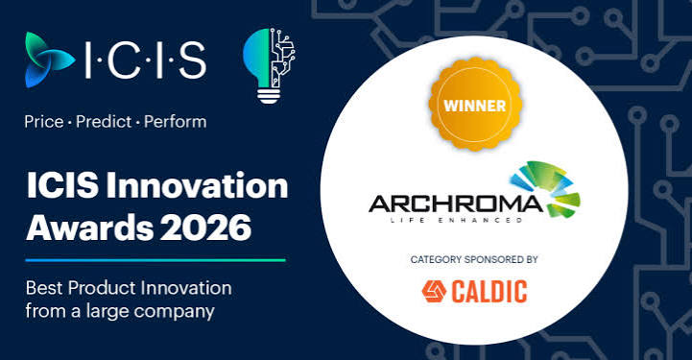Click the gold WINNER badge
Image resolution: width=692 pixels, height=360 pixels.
click(475, 104)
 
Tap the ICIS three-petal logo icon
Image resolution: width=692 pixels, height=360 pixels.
click(50, 60)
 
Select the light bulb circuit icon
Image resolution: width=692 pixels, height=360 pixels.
click(269, 65)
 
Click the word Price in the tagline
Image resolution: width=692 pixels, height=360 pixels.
click(44, 122)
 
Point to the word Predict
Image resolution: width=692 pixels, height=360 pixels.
click(105, 122)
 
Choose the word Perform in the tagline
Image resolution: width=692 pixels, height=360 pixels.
click(176, 122)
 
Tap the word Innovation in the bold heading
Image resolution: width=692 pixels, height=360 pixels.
click(197, 185)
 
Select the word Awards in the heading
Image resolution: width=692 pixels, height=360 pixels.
click(89, 228)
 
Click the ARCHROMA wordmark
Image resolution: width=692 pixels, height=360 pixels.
click(456, 204)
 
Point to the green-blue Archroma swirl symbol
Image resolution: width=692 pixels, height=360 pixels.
click(546, 190)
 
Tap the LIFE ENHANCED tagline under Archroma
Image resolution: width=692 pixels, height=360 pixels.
click(456, 220)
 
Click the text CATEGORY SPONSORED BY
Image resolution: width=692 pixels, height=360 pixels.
click(474, 259)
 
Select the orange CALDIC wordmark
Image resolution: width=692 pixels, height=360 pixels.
click(489, 292)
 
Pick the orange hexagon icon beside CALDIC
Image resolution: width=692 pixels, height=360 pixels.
click(434, 292)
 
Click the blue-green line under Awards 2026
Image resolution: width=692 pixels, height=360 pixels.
click(155, 260)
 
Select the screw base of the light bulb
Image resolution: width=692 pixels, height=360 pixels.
click(269, 95)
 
